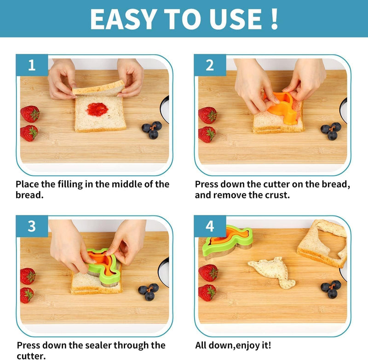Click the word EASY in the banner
pyautogui.click(x=123, y=19)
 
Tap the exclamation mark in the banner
pyautogui.click(x=274, y=19)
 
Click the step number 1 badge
pyautogui.click(x=32, y=65)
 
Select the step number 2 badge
pyautogui.click(x=210, y=65)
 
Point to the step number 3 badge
pyautogui.click(x=32, y=226)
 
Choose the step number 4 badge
pyautogui.click(x=210, y=226)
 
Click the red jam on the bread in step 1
pyautogui.click(x=97, y=110)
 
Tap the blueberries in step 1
pyautogui.click(x=152, y=130)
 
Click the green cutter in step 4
pyautogui.click(x=227, y=242)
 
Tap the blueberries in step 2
pyautogui.click(x=331, y=131)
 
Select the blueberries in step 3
pyautogui.click(x=148, y=292)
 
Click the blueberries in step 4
pyautogui.click(x=331, y=289)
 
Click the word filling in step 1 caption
pyautogui.click(x=70, y=185)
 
